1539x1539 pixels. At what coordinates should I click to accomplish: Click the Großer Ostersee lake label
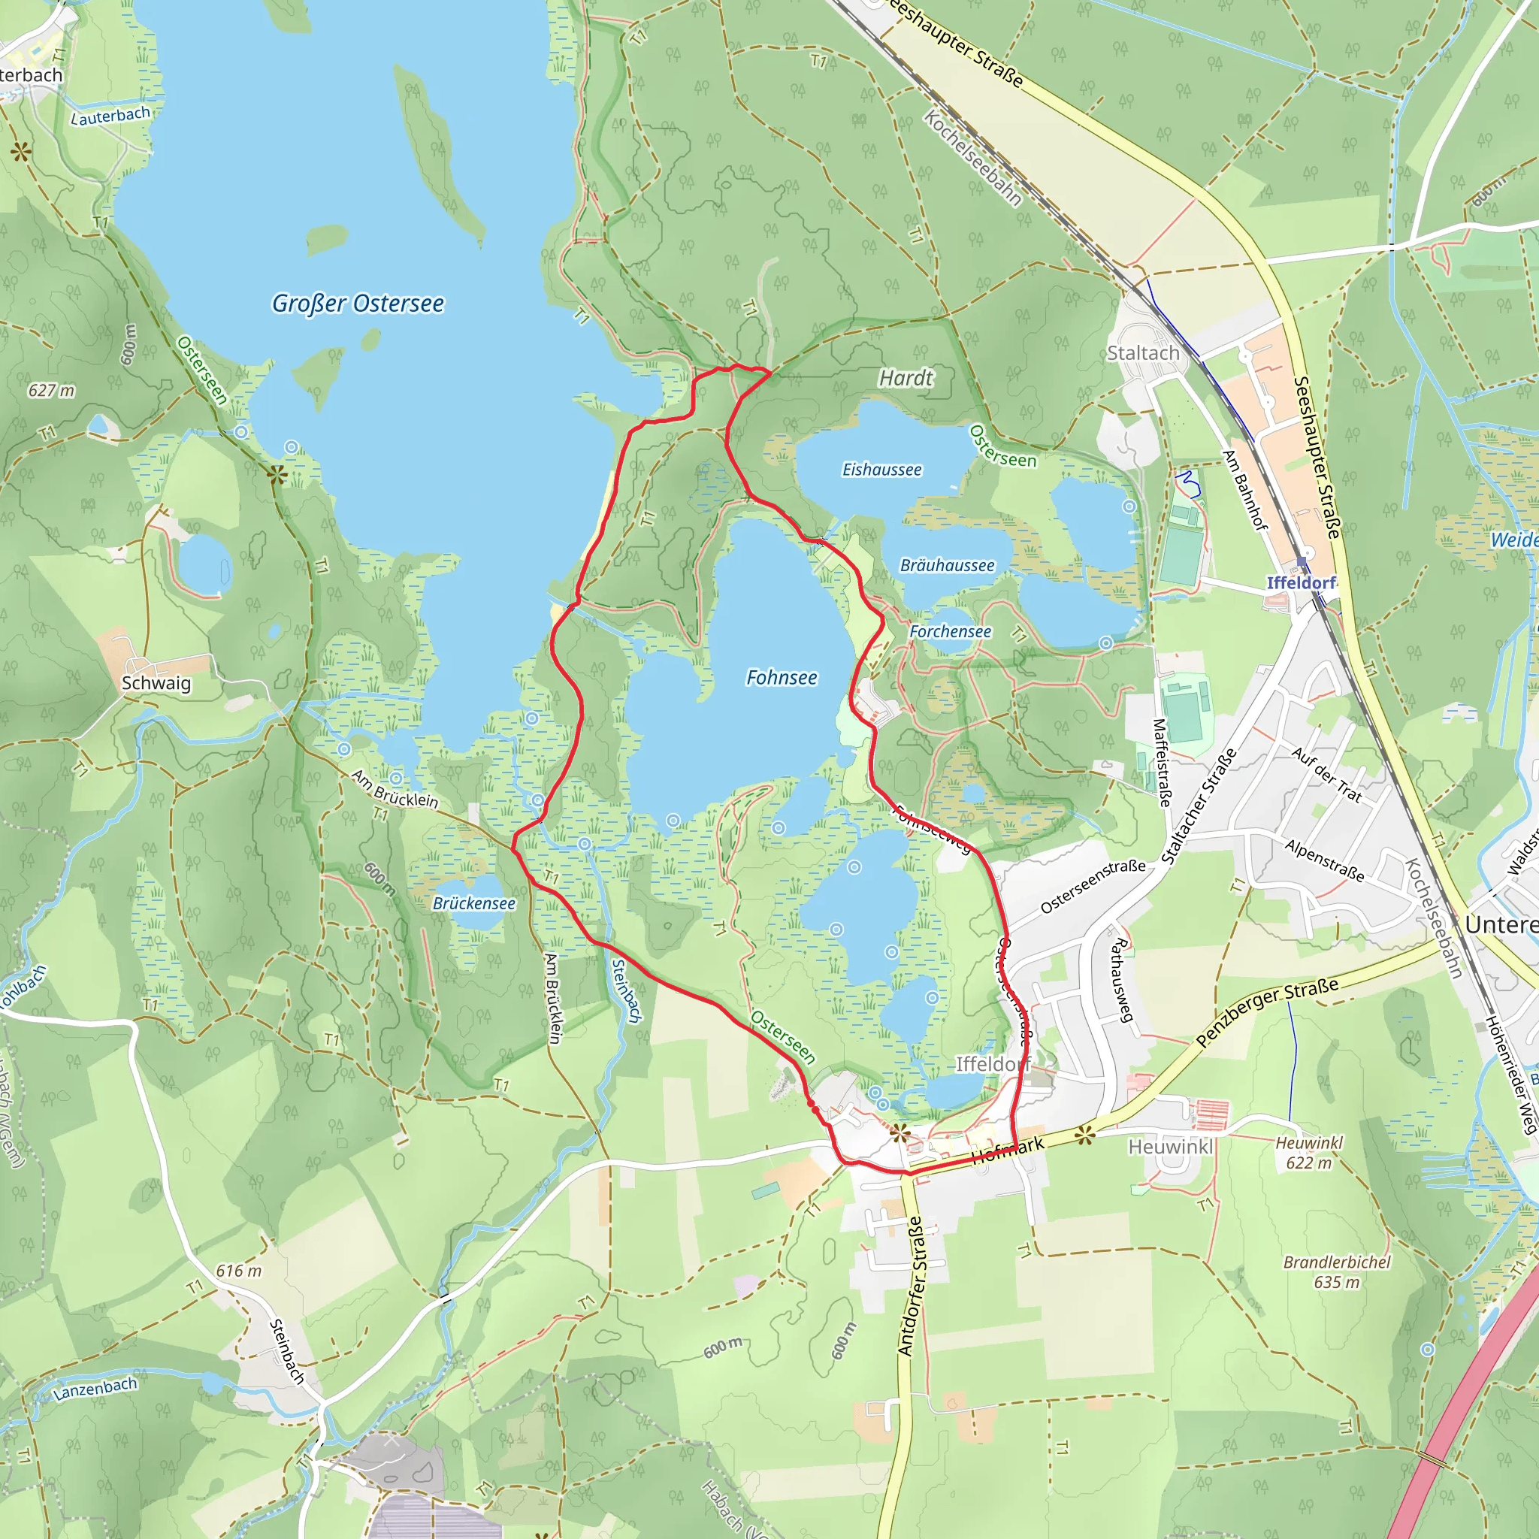[x=358, y=304]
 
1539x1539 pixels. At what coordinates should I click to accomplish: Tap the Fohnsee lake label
[x=782, y=678]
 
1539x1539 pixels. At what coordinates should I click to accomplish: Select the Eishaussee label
[x=881, y=470]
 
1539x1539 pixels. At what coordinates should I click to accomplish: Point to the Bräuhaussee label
[x=947, y=566]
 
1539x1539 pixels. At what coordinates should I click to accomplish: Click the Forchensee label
[x=951, y=632]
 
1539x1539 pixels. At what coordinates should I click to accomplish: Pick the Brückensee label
[x=474, y=903]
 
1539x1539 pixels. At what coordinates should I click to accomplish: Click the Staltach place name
[x=1143, y=353]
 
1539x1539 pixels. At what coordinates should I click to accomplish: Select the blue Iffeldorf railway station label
[x=1301, y=582]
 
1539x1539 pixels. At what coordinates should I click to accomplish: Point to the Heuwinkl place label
[x=1170, y=1146]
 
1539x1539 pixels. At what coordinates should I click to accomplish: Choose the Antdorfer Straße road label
[x=912, y=1286]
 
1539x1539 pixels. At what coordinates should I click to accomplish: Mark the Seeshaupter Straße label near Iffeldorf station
[x=1316, y=458]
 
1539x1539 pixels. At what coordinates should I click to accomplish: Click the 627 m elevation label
[x=51, y=390]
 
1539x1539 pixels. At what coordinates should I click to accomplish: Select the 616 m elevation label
[x=238, y=1271]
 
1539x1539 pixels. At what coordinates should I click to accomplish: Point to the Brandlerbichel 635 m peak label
[x=1337, y=1272]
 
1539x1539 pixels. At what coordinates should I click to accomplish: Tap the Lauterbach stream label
[x=110, y=116]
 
